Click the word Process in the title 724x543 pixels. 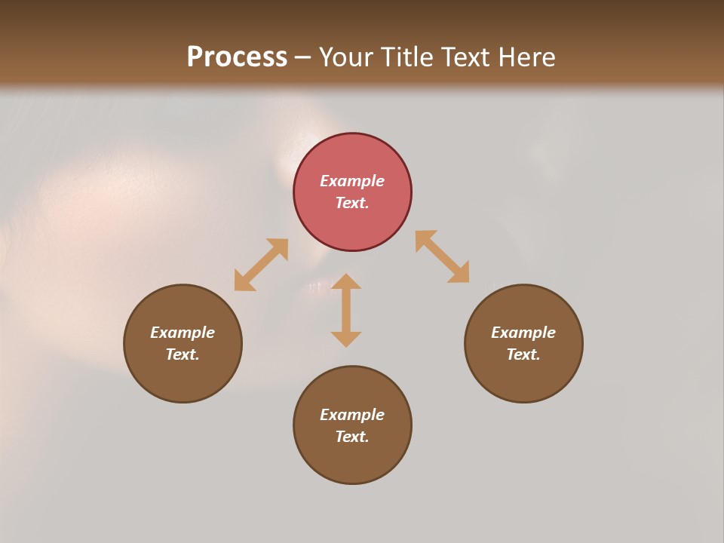237,57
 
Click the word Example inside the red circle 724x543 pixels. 352,181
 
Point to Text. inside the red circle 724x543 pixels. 352,203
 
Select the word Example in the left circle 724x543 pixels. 183,333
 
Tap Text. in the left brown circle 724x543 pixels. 183,354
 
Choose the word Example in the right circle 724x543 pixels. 523,333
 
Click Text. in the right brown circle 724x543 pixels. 523,354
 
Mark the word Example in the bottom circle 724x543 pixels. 352,415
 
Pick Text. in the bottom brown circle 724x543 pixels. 352,437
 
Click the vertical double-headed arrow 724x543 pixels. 346,310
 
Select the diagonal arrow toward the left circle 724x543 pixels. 261,265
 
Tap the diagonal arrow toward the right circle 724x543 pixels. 442,256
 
